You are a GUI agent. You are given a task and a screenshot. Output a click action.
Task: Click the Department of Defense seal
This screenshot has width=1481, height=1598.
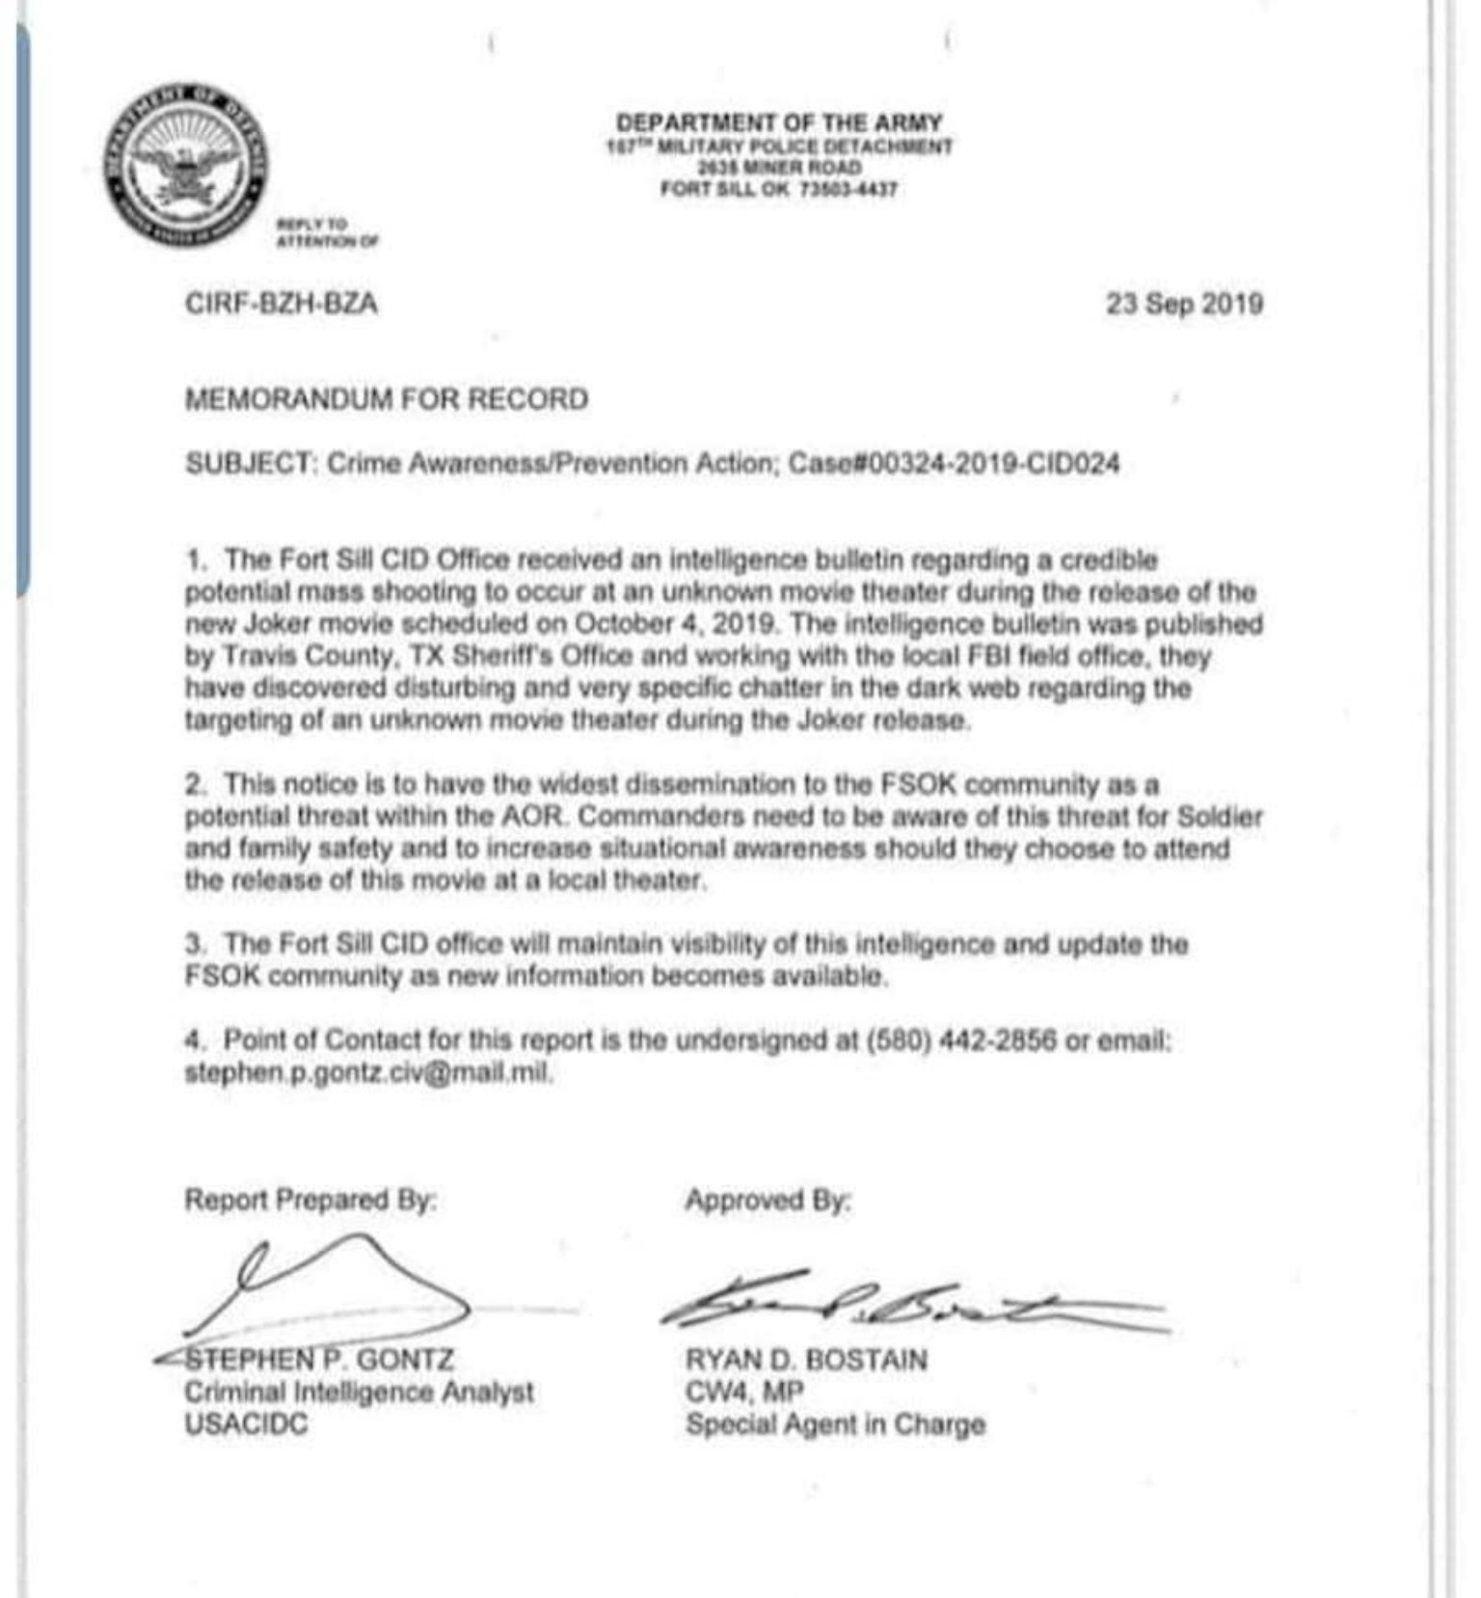[186, 165]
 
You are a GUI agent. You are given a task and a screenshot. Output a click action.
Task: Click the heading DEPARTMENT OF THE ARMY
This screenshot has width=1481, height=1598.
[779, 122]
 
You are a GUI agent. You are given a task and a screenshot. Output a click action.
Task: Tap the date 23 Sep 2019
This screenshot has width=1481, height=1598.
[1184, 304]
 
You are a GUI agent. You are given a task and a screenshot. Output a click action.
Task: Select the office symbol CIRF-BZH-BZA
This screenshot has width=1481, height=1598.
[281, 304]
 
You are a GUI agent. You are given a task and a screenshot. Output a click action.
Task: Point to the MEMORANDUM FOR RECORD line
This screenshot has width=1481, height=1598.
[386, 399]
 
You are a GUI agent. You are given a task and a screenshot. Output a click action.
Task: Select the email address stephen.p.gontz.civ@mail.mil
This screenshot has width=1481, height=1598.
[367, 1072]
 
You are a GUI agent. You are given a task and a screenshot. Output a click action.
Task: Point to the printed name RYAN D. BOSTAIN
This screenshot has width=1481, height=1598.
[806, 1360]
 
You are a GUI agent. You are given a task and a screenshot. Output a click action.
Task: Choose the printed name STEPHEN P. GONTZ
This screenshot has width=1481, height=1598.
[319, 1360]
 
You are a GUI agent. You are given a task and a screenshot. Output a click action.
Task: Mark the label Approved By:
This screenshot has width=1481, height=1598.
[768, 1201]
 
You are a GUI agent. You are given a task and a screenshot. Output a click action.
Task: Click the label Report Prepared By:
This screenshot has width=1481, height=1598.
[310, 1201]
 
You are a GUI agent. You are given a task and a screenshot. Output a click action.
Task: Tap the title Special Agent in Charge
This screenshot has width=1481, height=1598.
[835, 1424]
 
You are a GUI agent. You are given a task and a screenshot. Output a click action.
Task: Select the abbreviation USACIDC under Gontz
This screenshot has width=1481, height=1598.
[246, 1424]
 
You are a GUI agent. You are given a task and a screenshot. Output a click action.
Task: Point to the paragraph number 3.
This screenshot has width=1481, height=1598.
[194, 943]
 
